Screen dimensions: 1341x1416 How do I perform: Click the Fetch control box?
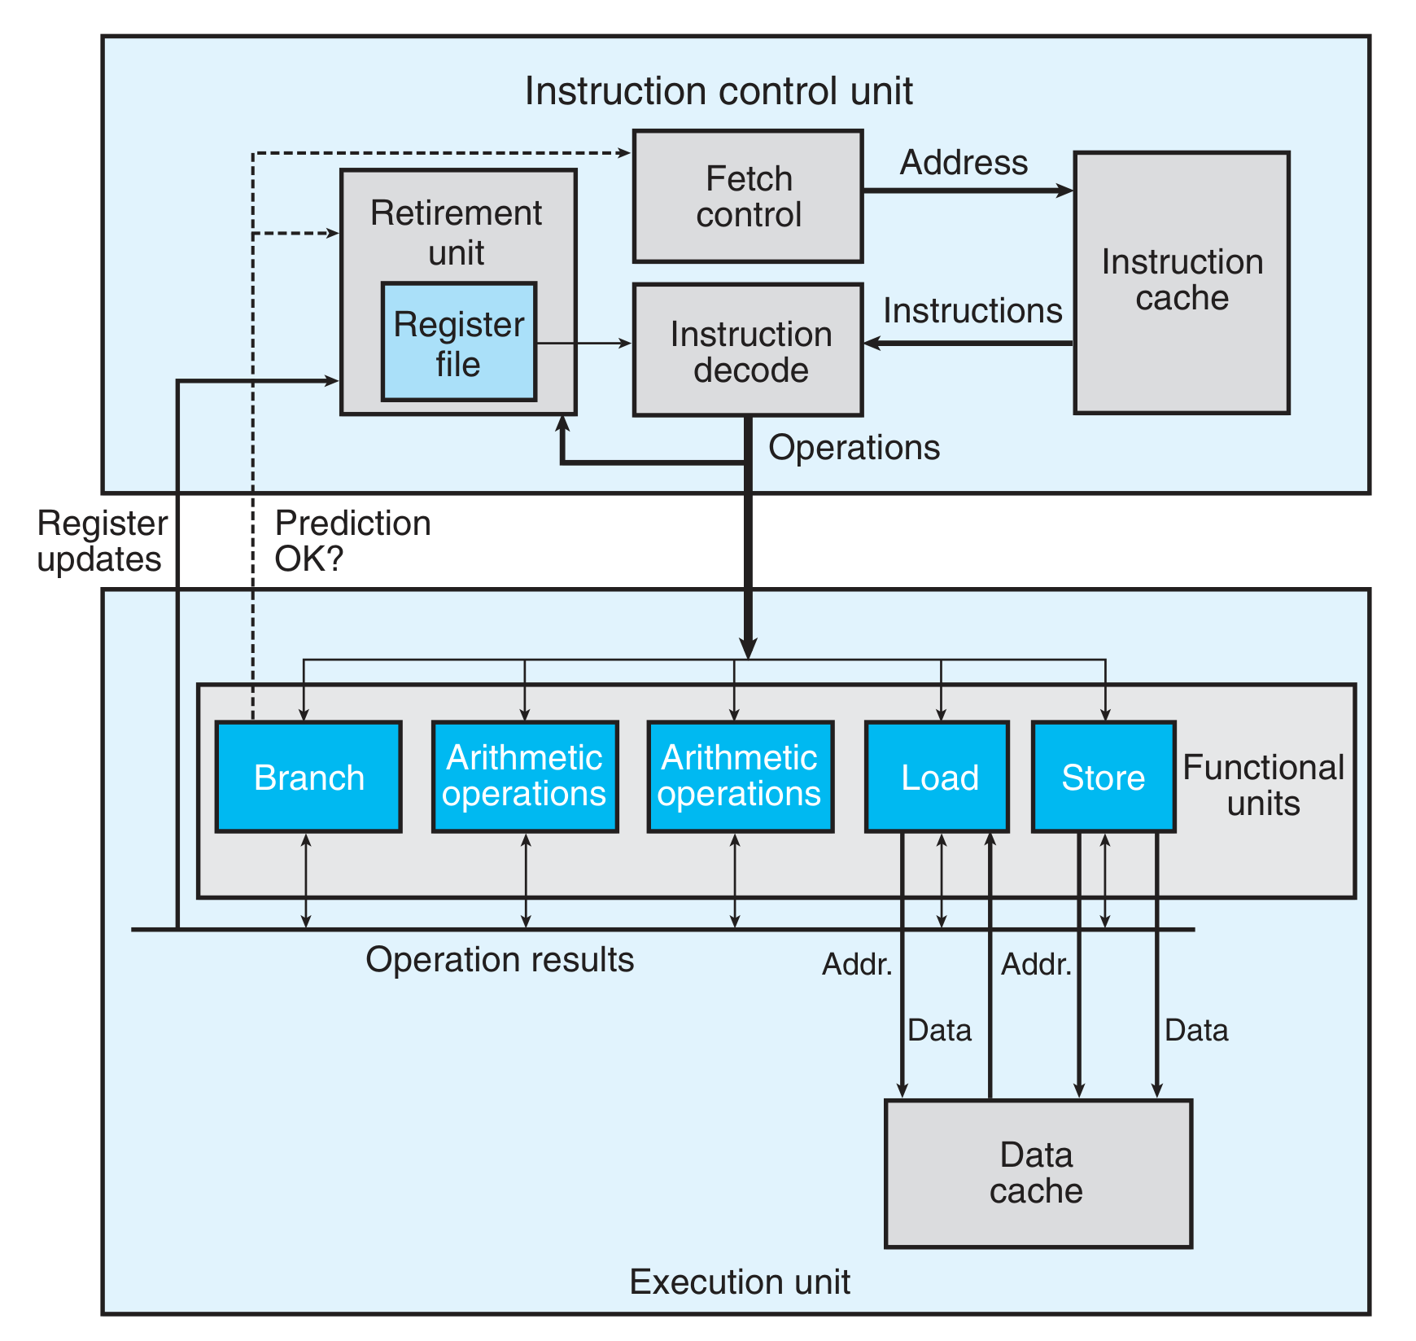click(747, 196)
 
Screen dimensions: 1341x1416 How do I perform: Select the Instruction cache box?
click(1181, 282)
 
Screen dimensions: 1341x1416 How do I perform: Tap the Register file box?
click(458, 343)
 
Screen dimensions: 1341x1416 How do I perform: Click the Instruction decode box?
click(747, 351)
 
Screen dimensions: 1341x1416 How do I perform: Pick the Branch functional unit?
click(308, 777)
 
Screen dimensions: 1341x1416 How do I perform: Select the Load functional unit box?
click(937, 777)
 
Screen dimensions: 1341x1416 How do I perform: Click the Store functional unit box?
click(1103, 777)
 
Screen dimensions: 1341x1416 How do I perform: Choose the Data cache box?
click(1038, 1173)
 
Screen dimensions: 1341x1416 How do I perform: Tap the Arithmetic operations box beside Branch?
click(524, 777)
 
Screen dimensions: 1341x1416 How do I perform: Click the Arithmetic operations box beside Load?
click(740, 777)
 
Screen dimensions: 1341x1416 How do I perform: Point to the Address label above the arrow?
click(964, 163)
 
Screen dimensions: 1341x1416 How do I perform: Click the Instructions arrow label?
click(972, 311)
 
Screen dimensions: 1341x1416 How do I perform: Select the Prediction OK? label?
click(352, 541)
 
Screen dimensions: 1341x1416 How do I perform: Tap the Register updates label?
click(102, 541)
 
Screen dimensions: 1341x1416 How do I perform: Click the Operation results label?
click(500, 960)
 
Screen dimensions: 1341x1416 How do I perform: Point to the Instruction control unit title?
click(718, 91)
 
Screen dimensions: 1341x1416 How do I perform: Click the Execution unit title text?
click(739, 1282)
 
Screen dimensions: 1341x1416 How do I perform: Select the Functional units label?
click(1262, 785)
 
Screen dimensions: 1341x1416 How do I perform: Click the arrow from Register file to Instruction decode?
click(583, 344)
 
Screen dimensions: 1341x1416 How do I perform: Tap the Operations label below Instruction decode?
click(854, 448)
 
